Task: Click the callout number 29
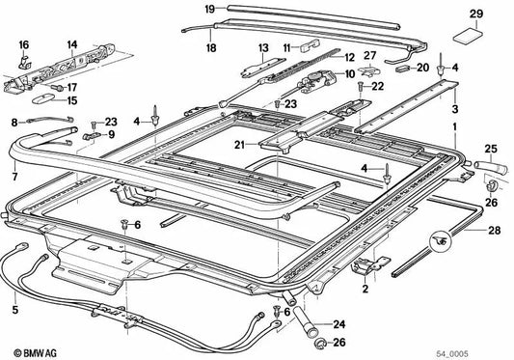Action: point(475,13)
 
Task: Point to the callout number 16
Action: point(23,45)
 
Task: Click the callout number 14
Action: point(70,45)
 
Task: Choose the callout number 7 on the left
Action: point(14,179)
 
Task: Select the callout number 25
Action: point(490,150)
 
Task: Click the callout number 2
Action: point(365,288)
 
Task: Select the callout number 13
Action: point(261,47)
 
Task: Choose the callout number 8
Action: point(14,123)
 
